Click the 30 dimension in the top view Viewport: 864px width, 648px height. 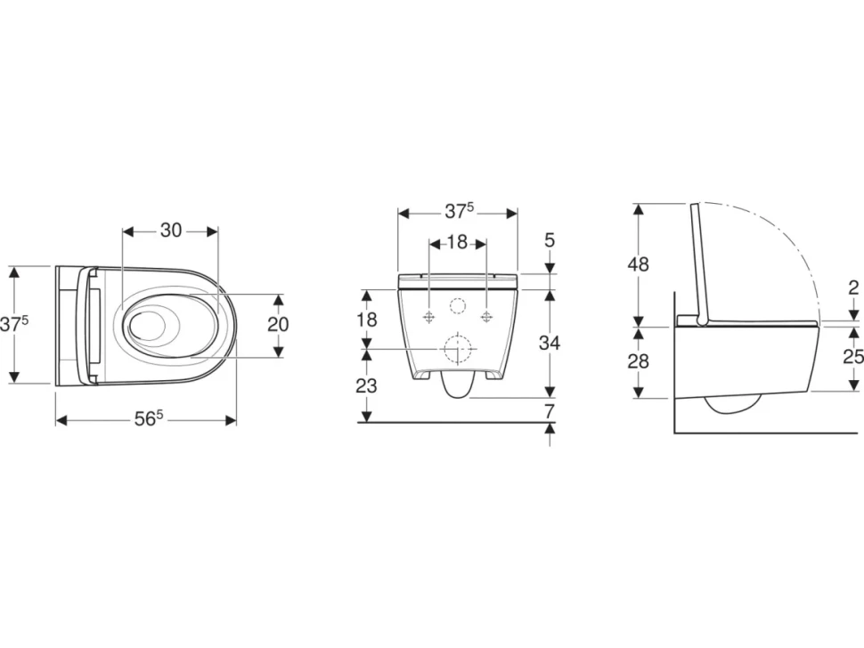click(171, 231)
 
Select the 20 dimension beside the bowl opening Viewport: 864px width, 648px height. click(278, 324)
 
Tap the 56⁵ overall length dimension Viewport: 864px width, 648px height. click(149, 419)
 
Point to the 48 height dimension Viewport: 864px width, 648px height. click(638, 264)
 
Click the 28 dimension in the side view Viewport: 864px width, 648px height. click(638, 361)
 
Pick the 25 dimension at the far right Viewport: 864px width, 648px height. click(853, 357)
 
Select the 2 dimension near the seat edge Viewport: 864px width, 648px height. click(853, 288)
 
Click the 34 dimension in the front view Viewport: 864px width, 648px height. click(550, 343)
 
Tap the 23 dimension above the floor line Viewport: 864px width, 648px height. click(366, 386)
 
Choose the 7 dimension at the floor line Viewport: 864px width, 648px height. click(549, 410)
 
